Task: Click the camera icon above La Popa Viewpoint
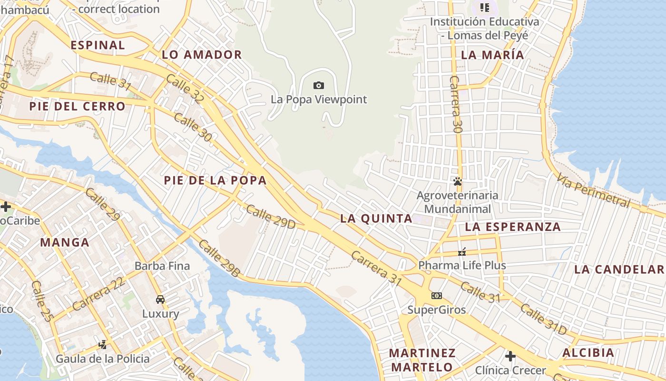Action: click(319, 86)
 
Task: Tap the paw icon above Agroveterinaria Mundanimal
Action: click(458, 181)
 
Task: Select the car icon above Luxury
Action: click(160, 300)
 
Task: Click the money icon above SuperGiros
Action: click(437, 296)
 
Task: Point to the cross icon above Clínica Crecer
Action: click(510, 356)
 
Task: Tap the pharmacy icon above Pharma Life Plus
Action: click(461, 251)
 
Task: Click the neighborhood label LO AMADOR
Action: click(202, 55)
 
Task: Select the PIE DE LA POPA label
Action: click(215, 180)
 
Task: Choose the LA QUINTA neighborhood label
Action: click(376, 219)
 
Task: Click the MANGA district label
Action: click(65, 242)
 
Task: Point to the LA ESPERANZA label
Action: click(513, 227)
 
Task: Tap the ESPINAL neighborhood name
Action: click(98, 45)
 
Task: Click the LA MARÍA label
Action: click(493, 55)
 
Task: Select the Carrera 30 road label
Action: click(456, 104)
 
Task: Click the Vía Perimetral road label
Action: click(594, 190)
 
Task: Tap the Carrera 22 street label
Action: click(99, 293)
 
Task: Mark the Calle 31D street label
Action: click(543, 319)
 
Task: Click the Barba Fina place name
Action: click(162, 266)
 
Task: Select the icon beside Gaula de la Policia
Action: click(102, 344)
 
